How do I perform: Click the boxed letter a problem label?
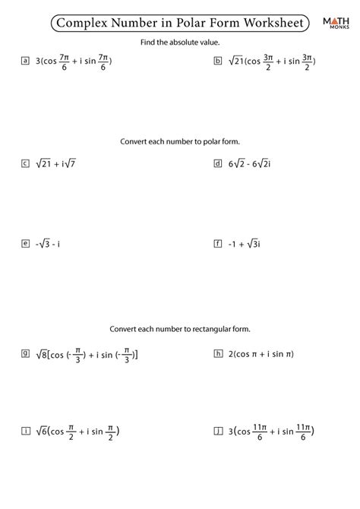(26, 60)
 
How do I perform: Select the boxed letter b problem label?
(219, 60)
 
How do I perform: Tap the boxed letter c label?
(26, 163)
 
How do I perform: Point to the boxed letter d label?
(219, 163)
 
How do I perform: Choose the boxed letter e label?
(26, 244)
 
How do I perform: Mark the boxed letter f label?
(219, 244)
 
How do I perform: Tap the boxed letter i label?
(26, 431)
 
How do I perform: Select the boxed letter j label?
(219, 431)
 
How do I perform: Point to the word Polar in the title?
(177, 23)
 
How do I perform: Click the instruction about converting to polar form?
(180, 141)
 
